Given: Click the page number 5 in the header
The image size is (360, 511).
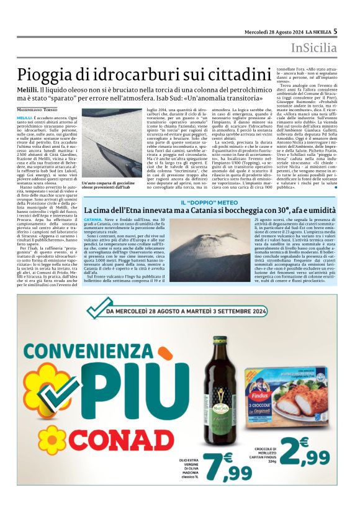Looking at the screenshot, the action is point(335,30).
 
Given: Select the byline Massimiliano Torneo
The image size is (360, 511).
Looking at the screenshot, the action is point(44,109).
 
